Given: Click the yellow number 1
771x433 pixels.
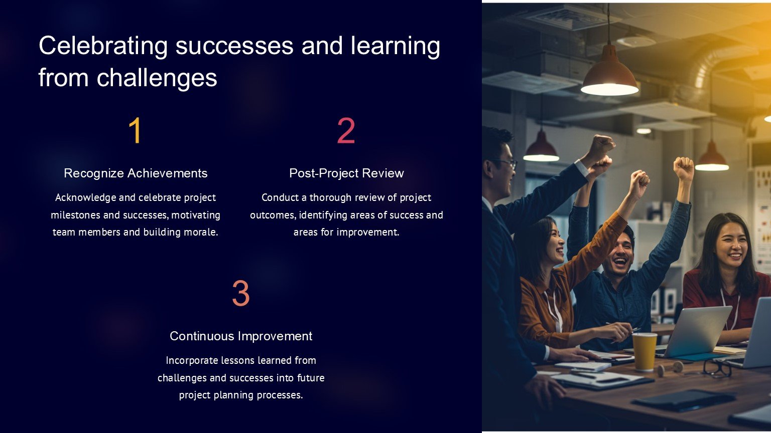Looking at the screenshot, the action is point(135,130).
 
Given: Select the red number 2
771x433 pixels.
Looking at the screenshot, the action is point(346,130).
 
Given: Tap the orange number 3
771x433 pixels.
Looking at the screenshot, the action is point(240,293).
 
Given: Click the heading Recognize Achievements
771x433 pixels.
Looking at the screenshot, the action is point(136,173).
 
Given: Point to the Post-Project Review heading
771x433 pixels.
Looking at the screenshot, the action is point(346,173).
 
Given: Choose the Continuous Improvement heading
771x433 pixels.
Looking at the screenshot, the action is point(241,336).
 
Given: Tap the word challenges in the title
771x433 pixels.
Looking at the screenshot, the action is point(157,78).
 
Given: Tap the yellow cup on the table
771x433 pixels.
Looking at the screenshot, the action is point(645,352).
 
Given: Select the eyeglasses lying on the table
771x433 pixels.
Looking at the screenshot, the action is point(717,368).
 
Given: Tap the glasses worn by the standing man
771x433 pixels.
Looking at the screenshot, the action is point(503,163).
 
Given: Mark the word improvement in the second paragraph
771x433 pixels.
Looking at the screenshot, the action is point(367,233).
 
